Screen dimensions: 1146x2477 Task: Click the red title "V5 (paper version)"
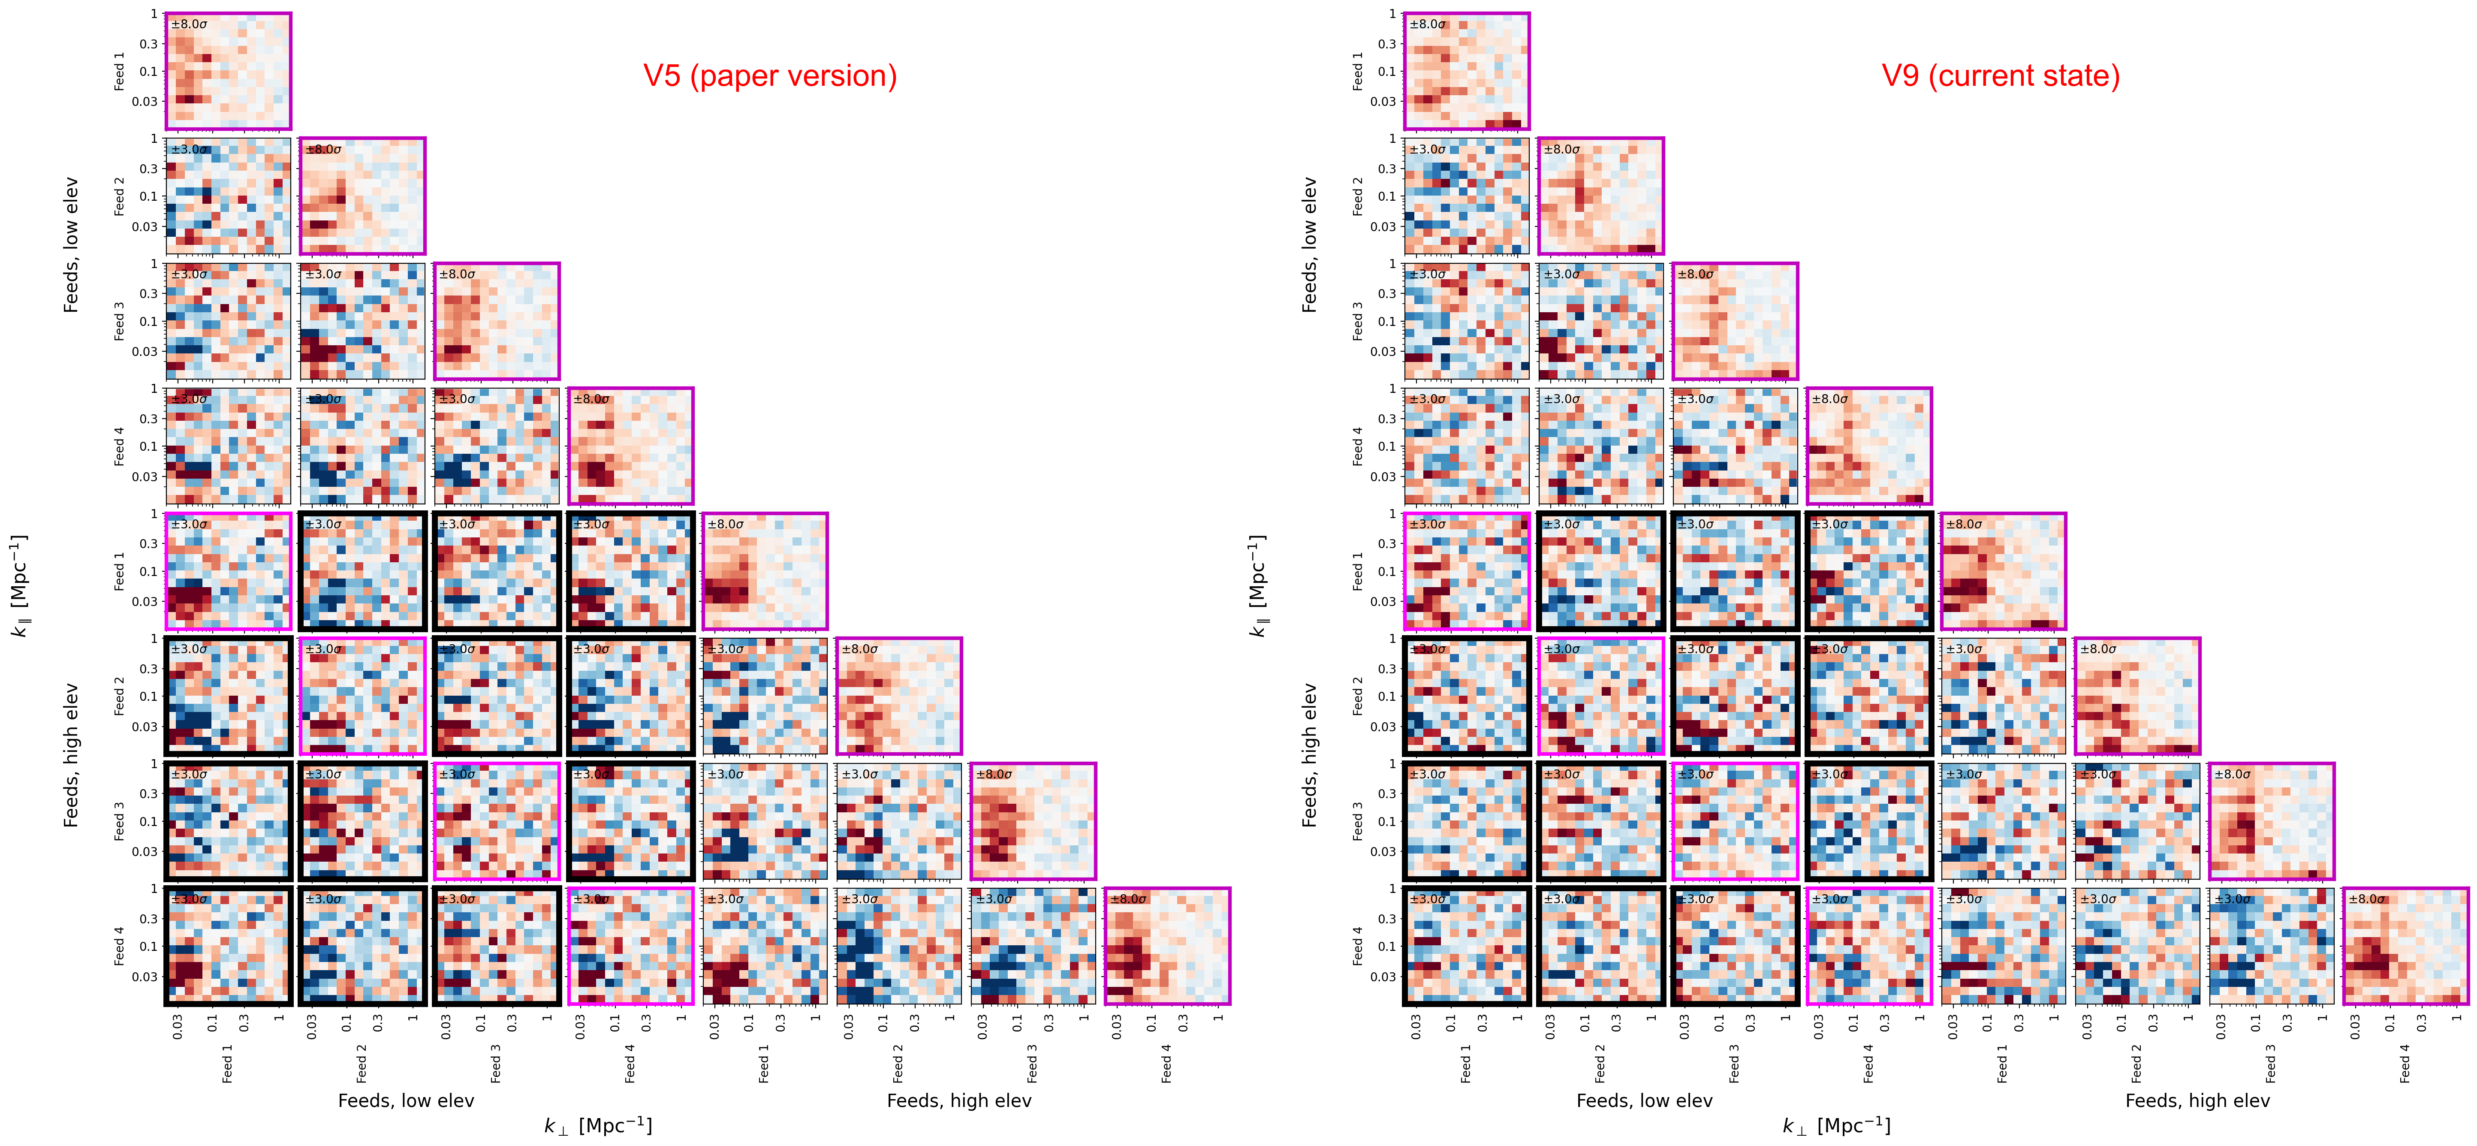(769, 76)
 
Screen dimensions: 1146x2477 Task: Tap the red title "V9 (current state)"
(2000, 76)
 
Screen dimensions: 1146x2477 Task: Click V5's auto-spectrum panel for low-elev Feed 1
(228, 71)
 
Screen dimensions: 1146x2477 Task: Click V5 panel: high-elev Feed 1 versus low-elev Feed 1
(228, 571)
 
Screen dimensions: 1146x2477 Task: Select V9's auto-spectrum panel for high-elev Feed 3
(2271, 821)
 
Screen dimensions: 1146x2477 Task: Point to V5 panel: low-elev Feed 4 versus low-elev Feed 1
(228, 446)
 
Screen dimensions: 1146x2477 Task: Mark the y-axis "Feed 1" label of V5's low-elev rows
(119, 71)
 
